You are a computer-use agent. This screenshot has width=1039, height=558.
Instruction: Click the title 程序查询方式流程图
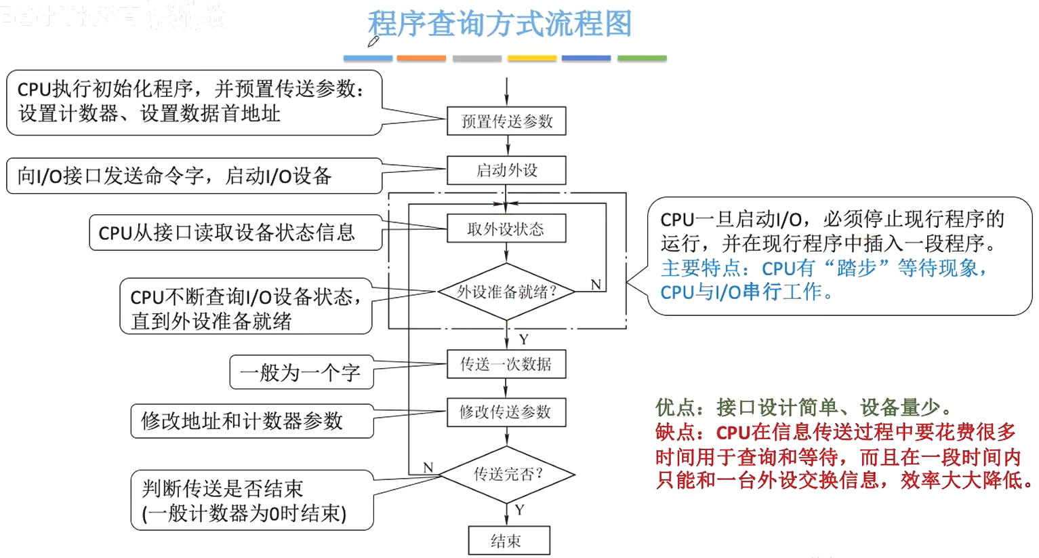[x=500, y=24]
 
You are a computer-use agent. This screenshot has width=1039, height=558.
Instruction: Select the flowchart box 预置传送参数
[x=506, y=121]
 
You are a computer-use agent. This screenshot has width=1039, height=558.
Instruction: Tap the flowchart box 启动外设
[x=506, y=170]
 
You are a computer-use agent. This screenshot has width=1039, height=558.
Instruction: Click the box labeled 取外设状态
[x=506, y=229]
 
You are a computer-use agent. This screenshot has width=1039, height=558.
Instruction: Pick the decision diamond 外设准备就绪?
[x=506, y=292]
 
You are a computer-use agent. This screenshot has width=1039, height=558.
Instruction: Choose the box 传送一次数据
[x=506, y=364]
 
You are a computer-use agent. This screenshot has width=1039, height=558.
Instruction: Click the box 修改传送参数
[x=506, y=412]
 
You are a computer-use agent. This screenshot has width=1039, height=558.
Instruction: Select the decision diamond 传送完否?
[x=507, y=474]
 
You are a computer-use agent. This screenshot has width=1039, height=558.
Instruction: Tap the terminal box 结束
[x=508, y=540]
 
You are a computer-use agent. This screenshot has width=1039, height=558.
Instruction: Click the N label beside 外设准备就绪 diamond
[x=596, y=284]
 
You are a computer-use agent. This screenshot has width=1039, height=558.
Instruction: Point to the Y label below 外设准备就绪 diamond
[x=523, y=339]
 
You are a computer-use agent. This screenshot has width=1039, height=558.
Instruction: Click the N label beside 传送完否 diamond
[x=428, y=467]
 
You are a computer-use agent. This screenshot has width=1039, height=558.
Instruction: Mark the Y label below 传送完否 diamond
[x=520, y=510]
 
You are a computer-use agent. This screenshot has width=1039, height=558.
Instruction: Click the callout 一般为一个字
[x=301, y=372]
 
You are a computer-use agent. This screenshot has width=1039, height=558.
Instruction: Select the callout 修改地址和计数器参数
[x=251, y=421]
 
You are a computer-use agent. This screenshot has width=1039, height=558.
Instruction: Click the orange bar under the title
[x=421, y=58]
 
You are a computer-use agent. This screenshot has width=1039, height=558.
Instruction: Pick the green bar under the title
[x=642, y=58]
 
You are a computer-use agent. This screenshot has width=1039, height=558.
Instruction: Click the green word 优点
[x=675, y=407]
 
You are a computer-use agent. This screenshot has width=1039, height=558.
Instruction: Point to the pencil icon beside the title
[x=373, y=42]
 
